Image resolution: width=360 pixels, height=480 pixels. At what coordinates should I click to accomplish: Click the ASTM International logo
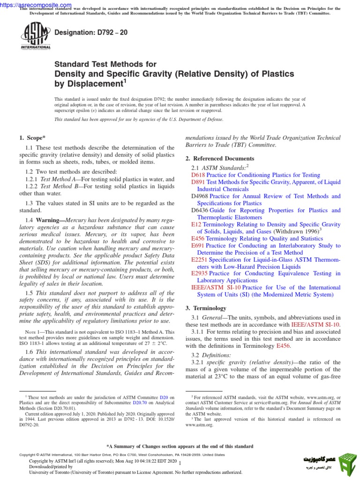pos(36,37)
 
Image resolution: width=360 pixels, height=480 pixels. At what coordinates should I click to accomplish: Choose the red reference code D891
pos(198,182)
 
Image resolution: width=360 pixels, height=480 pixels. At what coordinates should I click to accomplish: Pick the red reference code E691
pos(198,245)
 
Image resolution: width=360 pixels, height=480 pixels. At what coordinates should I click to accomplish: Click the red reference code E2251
pos(200,259)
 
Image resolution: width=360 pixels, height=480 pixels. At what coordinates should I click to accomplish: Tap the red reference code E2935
pos(200,273)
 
